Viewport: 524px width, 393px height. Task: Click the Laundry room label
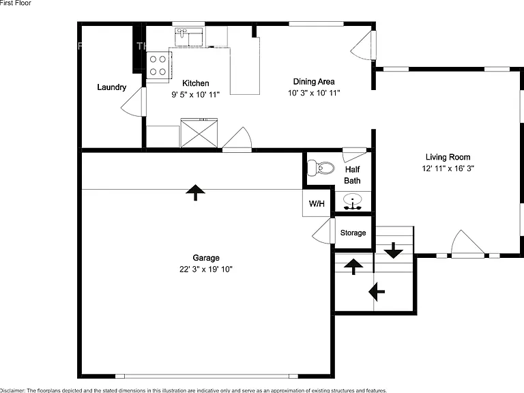coord(112,87)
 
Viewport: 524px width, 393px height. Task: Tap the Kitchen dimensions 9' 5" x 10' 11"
coord(196,95)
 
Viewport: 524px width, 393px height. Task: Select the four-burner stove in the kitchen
coord(159,65)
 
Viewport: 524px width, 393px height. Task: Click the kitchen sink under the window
coord(189,37)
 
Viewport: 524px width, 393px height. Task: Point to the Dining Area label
coord(314,82)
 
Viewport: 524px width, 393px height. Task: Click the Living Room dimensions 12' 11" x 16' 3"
coord(448,169)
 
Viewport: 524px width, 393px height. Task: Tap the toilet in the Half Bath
coord(321,168)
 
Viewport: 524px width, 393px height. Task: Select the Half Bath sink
coord(353,202)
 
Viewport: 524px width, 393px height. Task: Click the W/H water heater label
coord(317,203)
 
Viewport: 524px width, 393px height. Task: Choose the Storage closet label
coord(353,233)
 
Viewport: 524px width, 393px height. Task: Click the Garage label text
coord(206,258)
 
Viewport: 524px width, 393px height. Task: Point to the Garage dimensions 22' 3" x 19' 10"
coord(206,270)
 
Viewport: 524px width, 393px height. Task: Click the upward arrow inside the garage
coord(196,192)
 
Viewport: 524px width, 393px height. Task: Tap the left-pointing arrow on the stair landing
coord(377,291)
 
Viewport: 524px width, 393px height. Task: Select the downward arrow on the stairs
coord(393,250)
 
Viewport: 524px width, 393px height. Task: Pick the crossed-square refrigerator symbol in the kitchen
coord(199,133)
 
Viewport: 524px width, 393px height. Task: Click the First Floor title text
coord(16,3)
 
